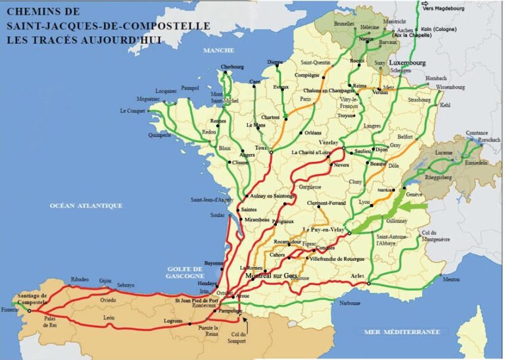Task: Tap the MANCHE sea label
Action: [x=219, y=51]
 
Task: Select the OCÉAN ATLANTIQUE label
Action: [x=86, y=205]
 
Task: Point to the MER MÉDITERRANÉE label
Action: [x=402, y=332]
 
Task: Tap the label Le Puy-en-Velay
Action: [x=324, y=230]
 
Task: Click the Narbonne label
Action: [x=350, y=303]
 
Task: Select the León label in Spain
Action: [x=109, y=317]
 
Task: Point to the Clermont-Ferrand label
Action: [x=327, y=203]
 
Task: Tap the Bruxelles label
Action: [x=344, y=23]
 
